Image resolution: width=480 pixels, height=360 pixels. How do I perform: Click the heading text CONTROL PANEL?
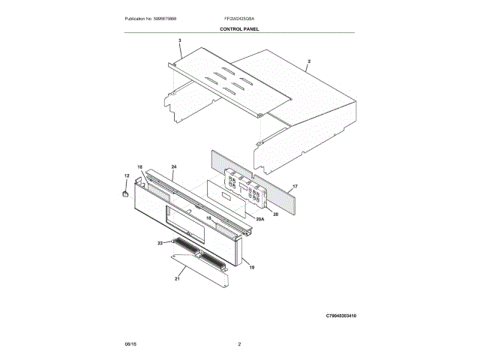pos(239,28)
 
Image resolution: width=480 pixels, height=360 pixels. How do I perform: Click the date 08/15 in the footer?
pos(130,343)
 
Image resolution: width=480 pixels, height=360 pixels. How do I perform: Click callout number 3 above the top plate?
pos(180,40)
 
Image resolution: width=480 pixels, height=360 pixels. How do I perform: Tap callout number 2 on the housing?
pos(308,61)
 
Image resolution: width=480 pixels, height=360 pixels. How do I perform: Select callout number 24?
pos(173,166)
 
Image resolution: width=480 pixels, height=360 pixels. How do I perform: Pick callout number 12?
pos(127,175)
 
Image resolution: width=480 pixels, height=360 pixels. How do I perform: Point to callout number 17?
pos(295,187)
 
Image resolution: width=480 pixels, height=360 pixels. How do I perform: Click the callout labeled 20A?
pos(260,218)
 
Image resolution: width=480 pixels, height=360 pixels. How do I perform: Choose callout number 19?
pos(251,267)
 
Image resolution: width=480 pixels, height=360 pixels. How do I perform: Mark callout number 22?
pos(160,243)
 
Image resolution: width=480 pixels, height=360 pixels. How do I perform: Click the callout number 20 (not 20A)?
pos(275,214)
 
